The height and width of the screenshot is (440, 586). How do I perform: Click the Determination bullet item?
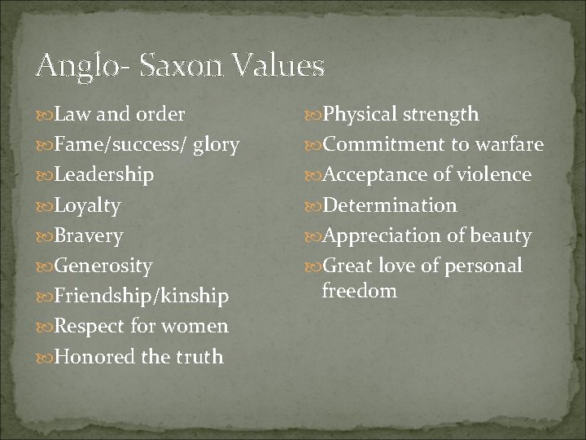click(390, 205)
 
